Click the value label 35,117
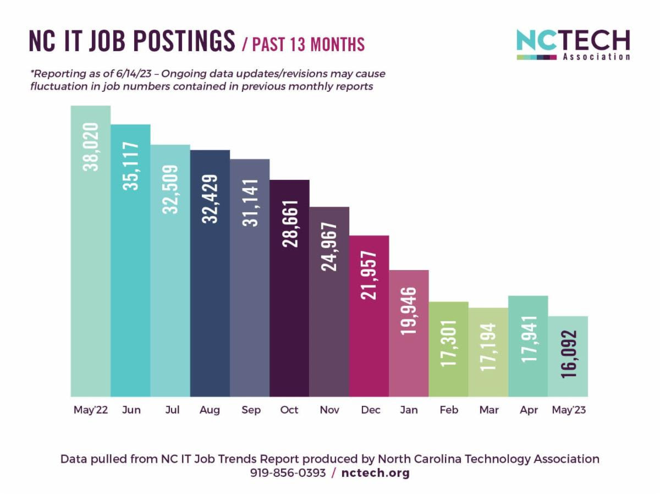130,167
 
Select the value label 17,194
488,347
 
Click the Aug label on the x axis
210,410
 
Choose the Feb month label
449,410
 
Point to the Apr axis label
529,410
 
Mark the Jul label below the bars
172,410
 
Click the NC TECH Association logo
573,45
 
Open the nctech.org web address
376,473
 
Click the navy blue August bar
210,297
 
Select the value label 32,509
170,189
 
